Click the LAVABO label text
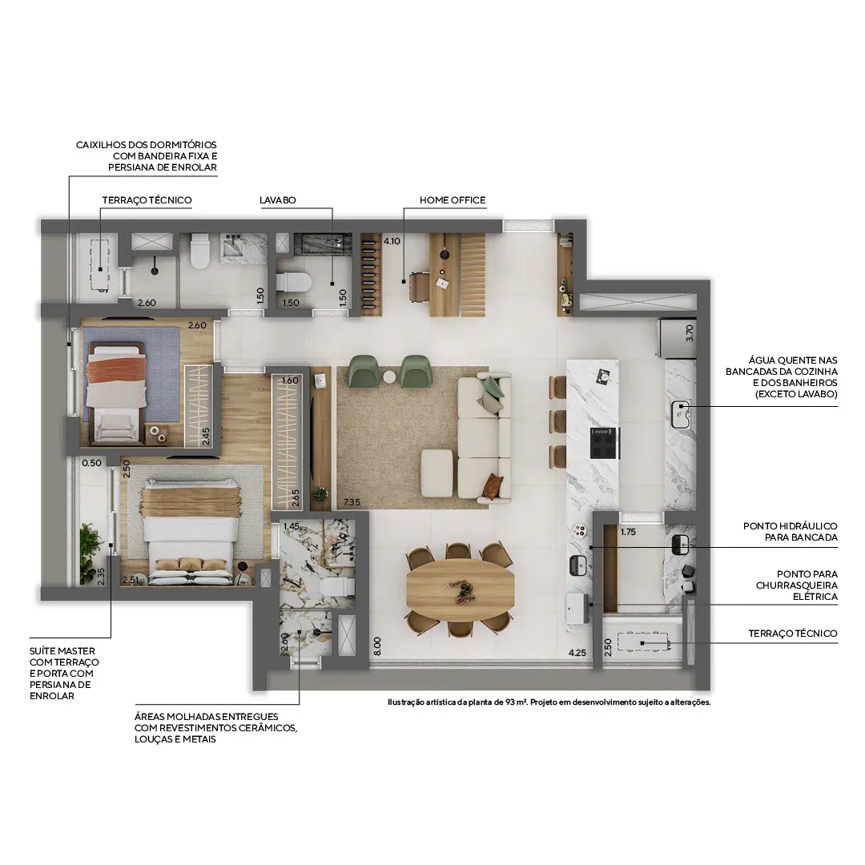click(277, 200)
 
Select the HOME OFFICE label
click(453, 200)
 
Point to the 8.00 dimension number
click(376, 646)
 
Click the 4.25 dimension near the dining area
click(578, 653)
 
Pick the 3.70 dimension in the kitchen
click(690, 333)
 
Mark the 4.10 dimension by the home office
click(392, 240)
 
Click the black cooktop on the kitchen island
click(604, 442)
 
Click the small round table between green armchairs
click(390, 377)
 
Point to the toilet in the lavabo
click(293, 282)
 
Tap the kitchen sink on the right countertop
click(681, 412)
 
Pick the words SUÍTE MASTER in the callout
click(62, 651)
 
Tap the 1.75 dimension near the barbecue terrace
click(628, 531)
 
